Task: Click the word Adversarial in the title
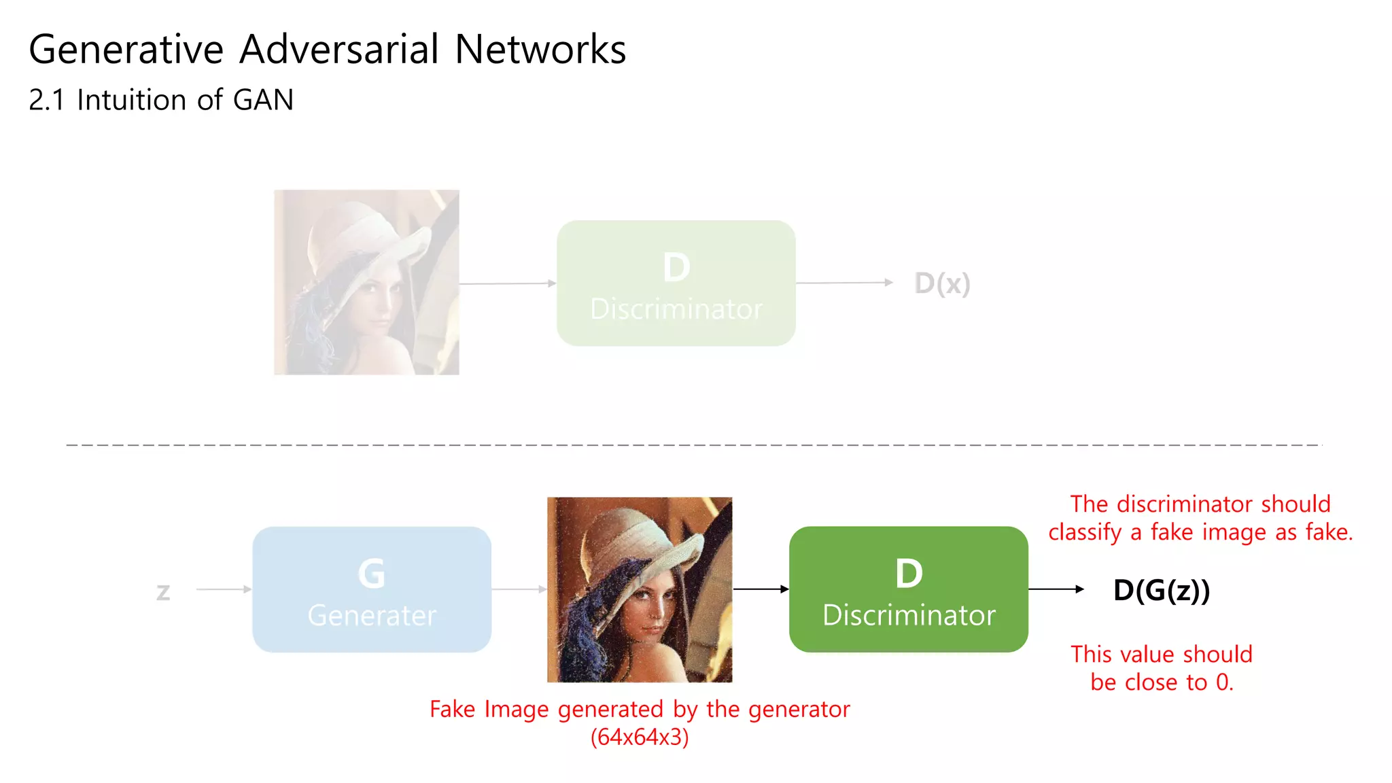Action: (339, 50)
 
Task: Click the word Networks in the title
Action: (540, 50)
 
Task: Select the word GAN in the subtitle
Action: (263, 100)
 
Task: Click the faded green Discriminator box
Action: (676, 283)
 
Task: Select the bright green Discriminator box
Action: (908, 589)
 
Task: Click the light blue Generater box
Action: (372, 589)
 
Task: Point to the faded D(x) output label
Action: (942, 283)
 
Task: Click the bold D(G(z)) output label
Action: (1162, 590)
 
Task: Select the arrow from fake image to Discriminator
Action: (761, 589)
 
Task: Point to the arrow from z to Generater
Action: (224, 589)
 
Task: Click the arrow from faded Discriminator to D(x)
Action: (844, 283)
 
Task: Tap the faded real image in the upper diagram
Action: (366, 282)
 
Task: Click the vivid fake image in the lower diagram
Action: (640, 589)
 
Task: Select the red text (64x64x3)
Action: (640, 737)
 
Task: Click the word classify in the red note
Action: (1085, 532)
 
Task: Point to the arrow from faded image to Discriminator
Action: (508, 283)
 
